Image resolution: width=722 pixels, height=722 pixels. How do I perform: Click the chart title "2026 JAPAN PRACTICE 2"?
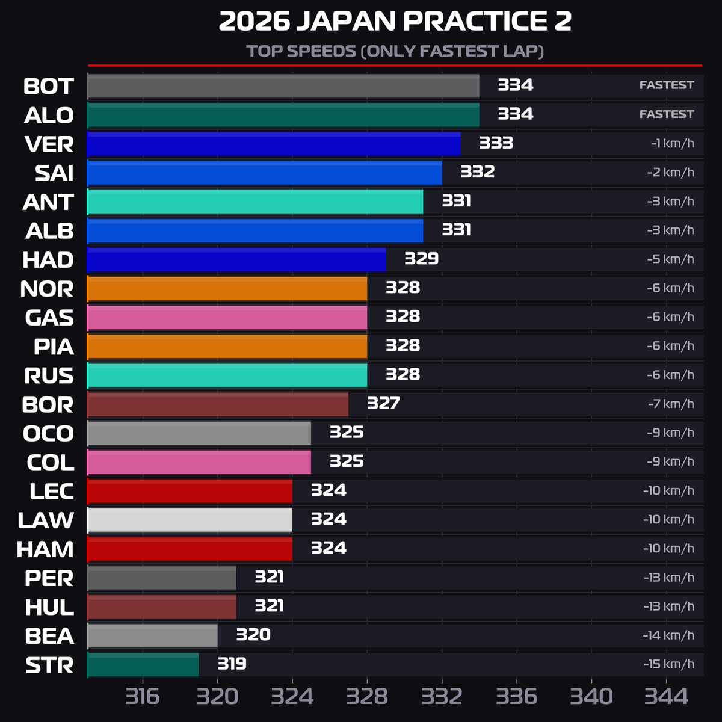[x=395, y=22]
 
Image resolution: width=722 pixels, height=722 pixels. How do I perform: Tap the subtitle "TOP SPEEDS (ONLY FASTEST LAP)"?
[x=395, y=51]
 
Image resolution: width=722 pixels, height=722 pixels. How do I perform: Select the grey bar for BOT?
[x=283, y=86]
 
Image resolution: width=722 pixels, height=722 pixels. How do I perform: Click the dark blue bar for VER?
[x=274, y=144]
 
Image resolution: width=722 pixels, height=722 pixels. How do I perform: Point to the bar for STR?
[x=143, y=665]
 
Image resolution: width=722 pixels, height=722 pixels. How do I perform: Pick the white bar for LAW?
[x=190, y=520]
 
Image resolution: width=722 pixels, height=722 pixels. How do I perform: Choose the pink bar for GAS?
[x=227, y=317]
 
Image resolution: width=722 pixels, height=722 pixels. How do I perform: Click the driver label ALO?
[x=49, y=116]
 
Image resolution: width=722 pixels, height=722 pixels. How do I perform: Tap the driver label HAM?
[x=45, y=549]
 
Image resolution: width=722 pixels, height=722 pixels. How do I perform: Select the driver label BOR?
[x=48, y=405]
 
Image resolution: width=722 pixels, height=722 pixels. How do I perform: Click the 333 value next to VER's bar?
[x=496, y=143]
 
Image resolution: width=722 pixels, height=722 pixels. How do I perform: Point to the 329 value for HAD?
[x=421, y=259]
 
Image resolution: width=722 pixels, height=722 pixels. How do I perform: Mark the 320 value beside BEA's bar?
[x=253, y=635]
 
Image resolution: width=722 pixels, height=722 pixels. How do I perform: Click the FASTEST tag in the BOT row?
[x=666, y=85]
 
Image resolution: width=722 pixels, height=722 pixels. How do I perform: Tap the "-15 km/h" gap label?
[x=668, y=664]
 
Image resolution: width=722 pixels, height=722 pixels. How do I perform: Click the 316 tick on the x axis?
[x=143, y=697]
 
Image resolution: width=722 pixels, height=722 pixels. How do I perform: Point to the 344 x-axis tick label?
[x=666, y=697]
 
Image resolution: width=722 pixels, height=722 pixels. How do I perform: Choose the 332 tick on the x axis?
[x=442, y=697]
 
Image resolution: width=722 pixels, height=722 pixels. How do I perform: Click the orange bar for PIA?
[x=227, y=347]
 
